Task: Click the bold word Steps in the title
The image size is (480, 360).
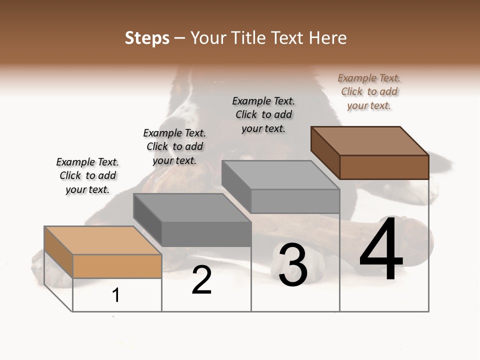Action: pos(147,38)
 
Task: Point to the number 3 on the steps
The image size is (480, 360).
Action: pos(293,265)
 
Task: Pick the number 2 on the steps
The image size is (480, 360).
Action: pos(202,280)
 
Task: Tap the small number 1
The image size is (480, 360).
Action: pos(116,295)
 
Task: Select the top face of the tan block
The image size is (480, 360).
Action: pos(102,240)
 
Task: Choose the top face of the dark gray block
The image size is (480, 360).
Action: pos(192,208)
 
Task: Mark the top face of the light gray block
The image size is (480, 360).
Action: pos(280,175)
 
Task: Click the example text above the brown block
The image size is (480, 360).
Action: pos(369,91)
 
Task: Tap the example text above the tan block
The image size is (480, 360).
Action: pos(87,175)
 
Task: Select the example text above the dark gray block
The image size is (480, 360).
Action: pos(174,146)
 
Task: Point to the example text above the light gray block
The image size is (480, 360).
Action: pos(263,114)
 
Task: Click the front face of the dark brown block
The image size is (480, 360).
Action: pos(384,167)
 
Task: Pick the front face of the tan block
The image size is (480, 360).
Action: pos(117,266)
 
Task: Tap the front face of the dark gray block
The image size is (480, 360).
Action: pos(206,234)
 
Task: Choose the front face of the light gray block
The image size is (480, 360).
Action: pos(295,201)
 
